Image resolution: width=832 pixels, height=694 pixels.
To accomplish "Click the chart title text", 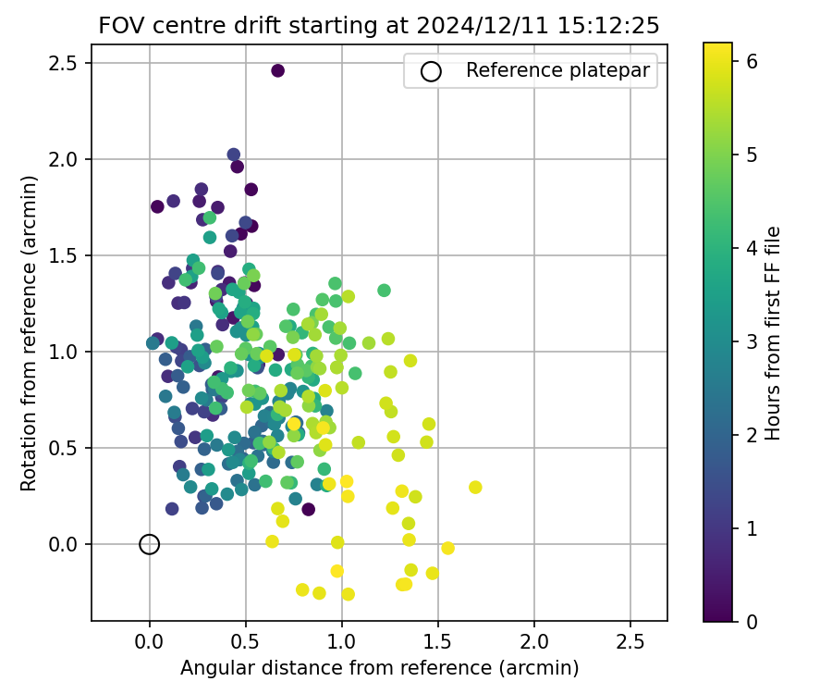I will pos(379,26).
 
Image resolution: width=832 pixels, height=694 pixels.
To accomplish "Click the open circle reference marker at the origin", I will pos(150,544).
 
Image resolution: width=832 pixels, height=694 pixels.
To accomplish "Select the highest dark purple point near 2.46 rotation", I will pos(277,70).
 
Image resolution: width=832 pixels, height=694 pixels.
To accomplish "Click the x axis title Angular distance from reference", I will pos(379,668).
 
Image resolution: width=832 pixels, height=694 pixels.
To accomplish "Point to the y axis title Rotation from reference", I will pos(29,333).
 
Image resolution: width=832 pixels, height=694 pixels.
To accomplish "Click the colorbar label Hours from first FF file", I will pos(773,333).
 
